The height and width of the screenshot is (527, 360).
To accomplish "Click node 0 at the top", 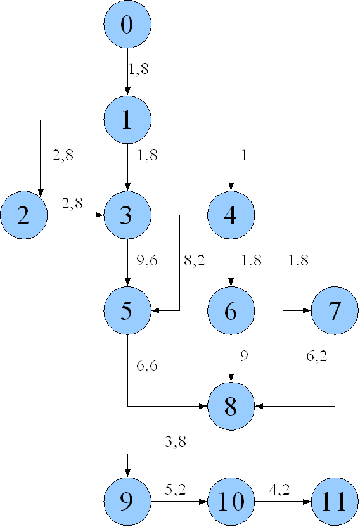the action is tap(127, 24).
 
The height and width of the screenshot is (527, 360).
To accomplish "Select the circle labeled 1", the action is tap(127, 120).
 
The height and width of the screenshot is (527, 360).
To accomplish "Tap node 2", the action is tap(24, 215).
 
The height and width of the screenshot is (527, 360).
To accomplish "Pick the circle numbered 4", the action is tap(231, 215).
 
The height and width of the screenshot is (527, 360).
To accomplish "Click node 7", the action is tap(335, 310).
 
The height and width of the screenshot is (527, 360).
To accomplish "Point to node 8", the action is tap(231, 406).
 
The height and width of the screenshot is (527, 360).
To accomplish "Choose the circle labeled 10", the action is tap(231, 502).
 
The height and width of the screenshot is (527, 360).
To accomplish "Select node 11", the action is tap(335, 502).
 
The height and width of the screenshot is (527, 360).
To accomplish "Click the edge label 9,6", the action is tap(147, 260).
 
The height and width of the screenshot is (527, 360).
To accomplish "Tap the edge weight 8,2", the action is tap(195, 260).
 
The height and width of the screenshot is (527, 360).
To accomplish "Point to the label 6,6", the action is tap(147, 365).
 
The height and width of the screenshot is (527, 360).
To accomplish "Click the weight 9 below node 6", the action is tap(244, 355).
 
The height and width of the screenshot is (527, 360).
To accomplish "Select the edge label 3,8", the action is tap(176, 441).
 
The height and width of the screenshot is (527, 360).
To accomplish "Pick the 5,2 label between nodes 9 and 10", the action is tap(176, 490).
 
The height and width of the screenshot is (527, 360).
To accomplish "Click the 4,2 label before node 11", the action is tap(280, 490).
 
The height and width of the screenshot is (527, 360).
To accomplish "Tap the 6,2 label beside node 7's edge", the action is tap(317, 356).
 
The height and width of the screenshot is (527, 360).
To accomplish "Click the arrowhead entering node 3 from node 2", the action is tap(100, 215).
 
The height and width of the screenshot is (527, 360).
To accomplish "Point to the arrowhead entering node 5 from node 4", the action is tap(155, 310).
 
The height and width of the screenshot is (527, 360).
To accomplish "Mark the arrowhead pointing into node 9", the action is tap(127, 473).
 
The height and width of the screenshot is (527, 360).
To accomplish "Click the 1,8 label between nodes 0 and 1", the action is tap(139, 69).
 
